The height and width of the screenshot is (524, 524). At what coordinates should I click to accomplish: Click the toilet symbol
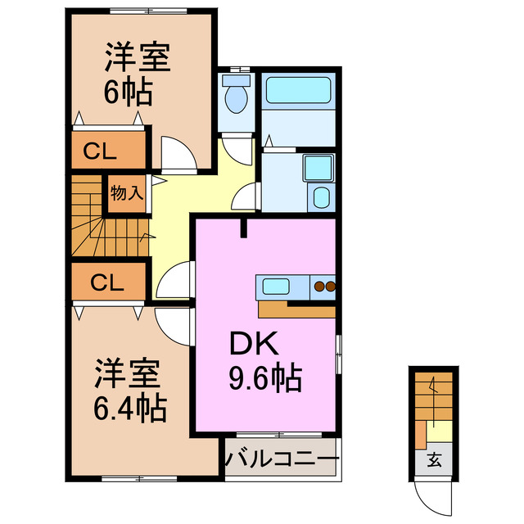pos(237,95)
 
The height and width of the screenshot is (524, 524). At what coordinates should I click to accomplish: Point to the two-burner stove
pos(324,287)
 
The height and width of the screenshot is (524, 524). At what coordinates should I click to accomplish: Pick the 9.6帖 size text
pos(264,377)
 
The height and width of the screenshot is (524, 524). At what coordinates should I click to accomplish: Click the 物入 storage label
pos(127,194)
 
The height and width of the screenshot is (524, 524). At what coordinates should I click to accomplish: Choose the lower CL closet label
pos(107,283)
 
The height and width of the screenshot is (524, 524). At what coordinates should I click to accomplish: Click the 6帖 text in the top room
pos(128,93)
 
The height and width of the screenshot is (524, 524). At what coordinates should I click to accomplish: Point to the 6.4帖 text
pos(130,405)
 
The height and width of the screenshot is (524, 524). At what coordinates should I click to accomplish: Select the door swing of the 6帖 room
pos(176,155)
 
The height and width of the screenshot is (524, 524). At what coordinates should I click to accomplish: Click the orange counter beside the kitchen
pos(295,309)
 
